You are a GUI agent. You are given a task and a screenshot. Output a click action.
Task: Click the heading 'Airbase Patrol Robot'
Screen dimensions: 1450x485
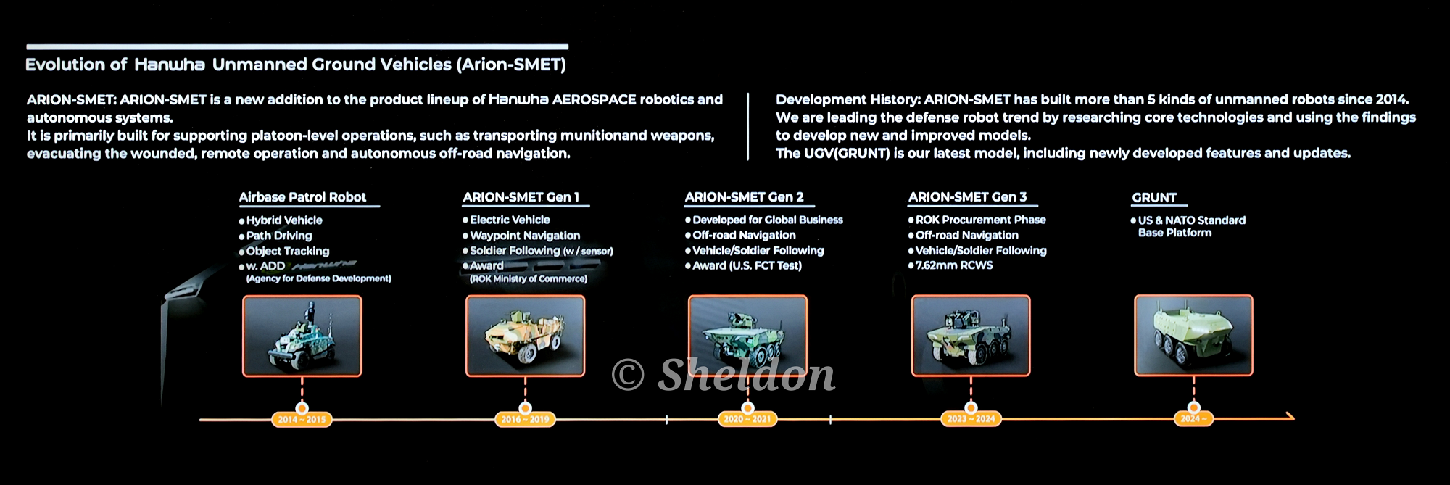pyautogui.click(x=302, y=197)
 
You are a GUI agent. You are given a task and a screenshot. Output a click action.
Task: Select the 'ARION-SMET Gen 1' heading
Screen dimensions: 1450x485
pyautogui.click(x=521, y=197)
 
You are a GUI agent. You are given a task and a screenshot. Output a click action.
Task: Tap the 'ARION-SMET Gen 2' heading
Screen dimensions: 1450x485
pyautogui.click(x=744, y=197)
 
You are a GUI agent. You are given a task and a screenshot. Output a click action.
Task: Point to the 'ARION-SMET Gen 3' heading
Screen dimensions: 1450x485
pyautogui.click(x=967, y=197)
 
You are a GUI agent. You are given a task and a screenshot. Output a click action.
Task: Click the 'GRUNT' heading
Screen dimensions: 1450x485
pyautogui.click(x=1154, y=198)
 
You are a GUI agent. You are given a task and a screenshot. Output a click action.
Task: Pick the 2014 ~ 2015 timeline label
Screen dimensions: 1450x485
pyautogui.click(x=302, y=419)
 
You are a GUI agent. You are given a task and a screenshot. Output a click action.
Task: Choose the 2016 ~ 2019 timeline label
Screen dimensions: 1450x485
pyautogui.click(x=525, y=419)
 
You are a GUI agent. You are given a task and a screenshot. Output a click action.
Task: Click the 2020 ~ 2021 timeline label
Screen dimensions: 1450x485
pyautogui.click(x=747, y=419)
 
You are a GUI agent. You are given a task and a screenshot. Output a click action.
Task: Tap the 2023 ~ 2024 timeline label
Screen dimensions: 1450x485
pyautogui.click(x=971, y=419)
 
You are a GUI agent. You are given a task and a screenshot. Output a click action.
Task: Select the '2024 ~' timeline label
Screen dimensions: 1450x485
pyautogui.click(x=1193, y=419)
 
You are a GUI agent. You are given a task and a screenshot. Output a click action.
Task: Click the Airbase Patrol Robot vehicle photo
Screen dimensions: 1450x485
pyautogui.click(x=302, y=336)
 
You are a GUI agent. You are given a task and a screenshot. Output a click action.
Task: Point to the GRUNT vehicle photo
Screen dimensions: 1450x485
pyautogui.click(x=1193, y=336)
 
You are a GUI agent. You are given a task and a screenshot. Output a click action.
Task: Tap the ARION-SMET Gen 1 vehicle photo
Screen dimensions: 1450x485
pyautogui.click(x=525, y=336)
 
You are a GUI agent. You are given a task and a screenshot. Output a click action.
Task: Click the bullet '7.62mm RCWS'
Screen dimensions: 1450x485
pyautogui.click(x=950, y=265)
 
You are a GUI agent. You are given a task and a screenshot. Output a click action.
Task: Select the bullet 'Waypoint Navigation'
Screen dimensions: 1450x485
pyautogui.click(x=521, y=236)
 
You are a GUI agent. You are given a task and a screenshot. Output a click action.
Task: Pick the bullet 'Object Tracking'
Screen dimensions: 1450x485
pyautogui.click(x=284, y=251)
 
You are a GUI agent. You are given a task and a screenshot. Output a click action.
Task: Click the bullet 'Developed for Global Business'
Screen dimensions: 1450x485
pyautogui.click(x=764, y=220)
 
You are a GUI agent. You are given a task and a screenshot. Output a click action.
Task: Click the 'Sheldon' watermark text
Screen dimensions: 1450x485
pyautogui.click(x=746, y=375)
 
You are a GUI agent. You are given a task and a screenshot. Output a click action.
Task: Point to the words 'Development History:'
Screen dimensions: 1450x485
pyautogui.click(x=848, y=100)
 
